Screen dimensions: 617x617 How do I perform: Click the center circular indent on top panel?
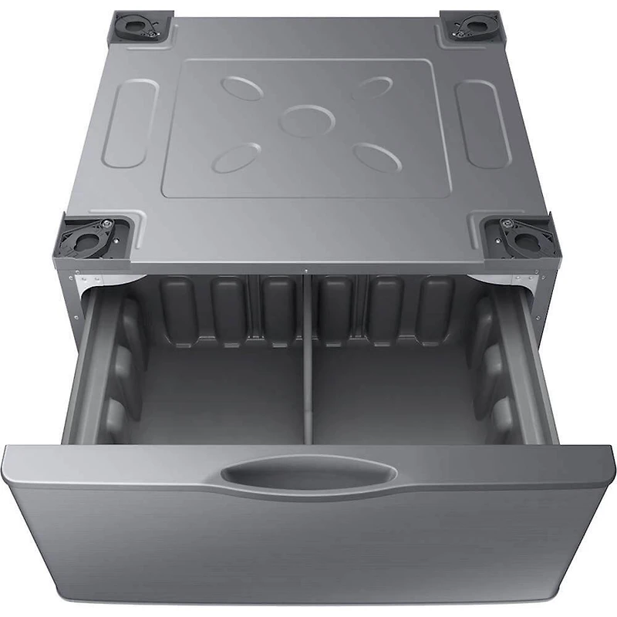[x=307, y=120]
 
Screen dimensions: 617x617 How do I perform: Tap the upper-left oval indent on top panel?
[x=242, y=88]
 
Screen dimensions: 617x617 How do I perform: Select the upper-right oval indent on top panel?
[x=373, y=86]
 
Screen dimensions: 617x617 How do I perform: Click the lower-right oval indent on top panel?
[x=377, y=157]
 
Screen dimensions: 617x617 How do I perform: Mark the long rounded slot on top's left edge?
[x=130, y=123]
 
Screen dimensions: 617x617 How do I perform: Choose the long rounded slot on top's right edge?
[x=483, y=123]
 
